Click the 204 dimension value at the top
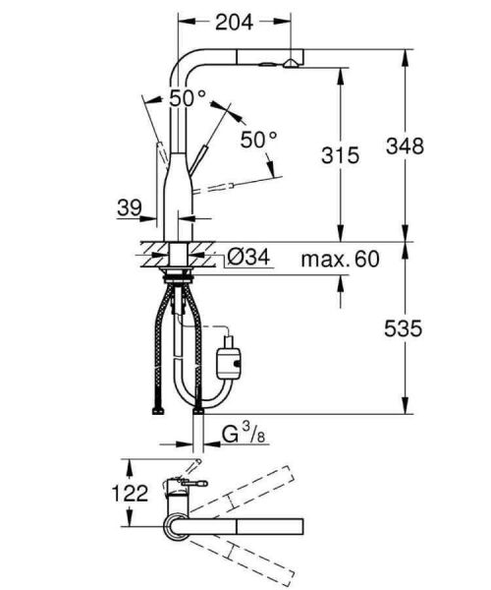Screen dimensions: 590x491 pyautogui.click(x=235, y=21)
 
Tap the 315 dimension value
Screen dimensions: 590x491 pyautogui.click(x=339, y=154)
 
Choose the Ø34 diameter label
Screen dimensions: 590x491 pyautogui.click(x=248, y=259)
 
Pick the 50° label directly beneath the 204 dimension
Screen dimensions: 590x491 pyautogui.click(x=188, y=98)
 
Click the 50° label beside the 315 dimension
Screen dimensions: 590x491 pyautogui.click(x=259, y=140)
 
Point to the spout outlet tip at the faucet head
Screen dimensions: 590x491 pyautogui.click(x=292, y=63)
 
